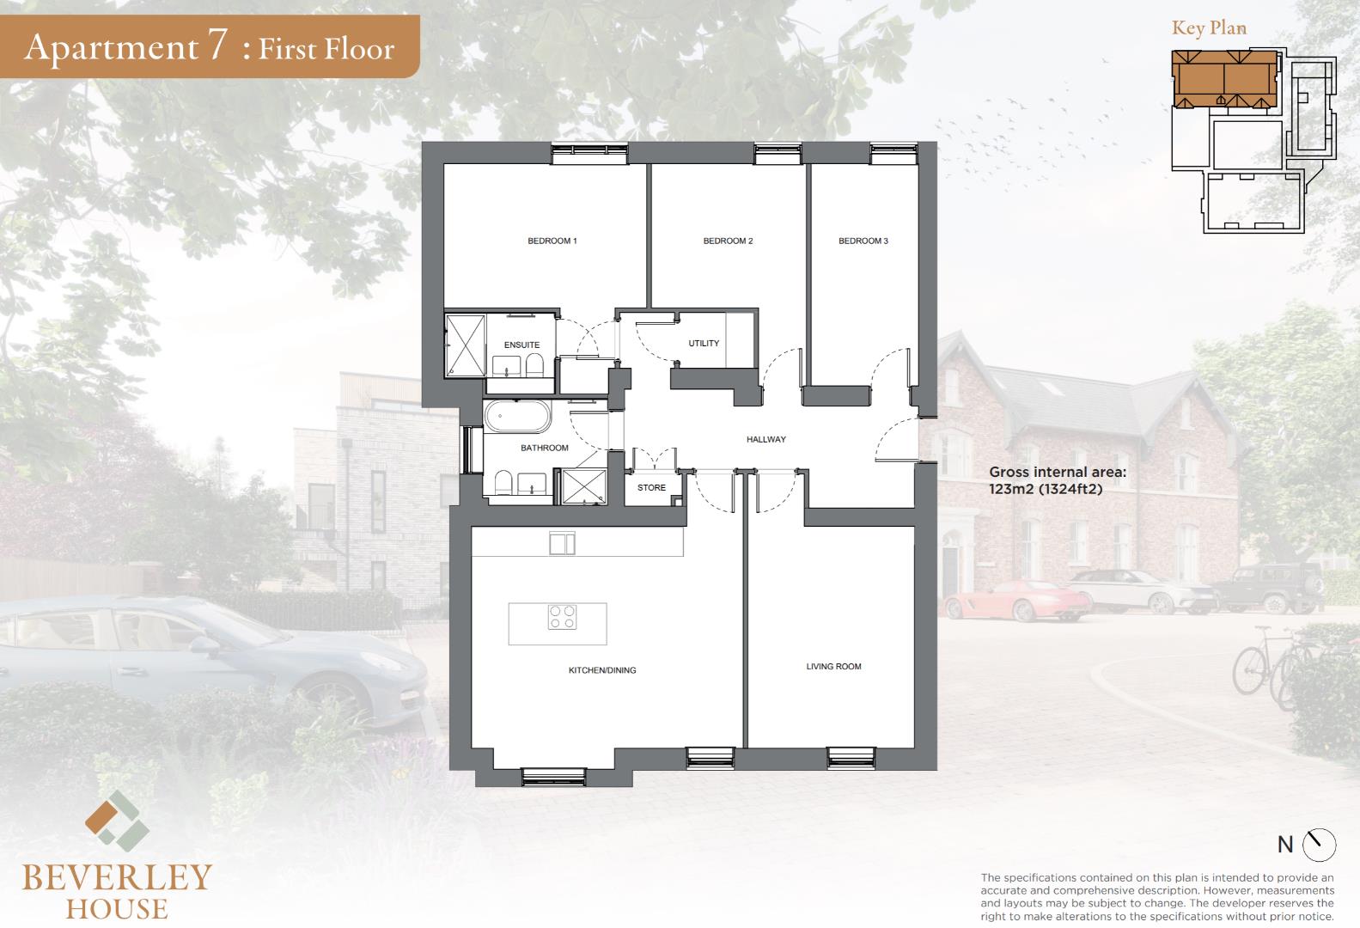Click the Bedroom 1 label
(x=552, y=241)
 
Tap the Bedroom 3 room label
(x=863, y=241)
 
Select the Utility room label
(x=704, y=344)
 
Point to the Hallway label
(x=766, y=439)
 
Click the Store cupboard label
(x=651, y=488)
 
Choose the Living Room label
(x=833, y=666)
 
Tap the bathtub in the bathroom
(x=517, y=417)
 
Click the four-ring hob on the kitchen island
(x=562, y=617)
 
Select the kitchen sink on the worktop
(x=562, y=544)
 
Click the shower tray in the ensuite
(x=465, y=345)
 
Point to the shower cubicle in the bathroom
(x=584, y=485)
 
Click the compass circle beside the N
(x=1319, y=844)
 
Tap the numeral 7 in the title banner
(x=218, y=45)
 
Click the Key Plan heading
(x=1209, y=28)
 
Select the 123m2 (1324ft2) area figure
(x=1046, y=489)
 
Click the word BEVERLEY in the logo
(x=117, y=877)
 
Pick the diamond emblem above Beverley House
(x=117, y=821)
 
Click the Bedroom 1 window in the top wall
(x=589, y=154)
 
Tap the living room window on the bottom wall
(x=851, y=758)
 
